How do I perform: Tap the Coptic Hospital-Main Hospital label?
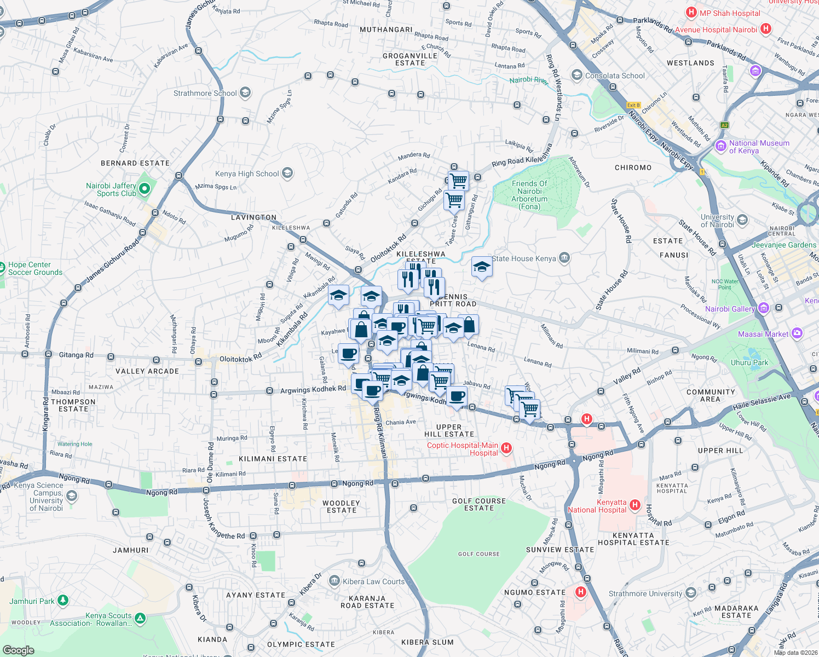(x=462, y=449)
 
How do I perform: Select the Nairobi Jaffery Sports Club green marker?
(x=145, y=189)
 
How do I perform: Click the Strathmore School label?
(x=205, y=93)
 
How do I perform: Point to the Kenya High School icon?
(x=287, y=174)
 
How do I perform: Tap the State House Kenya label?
(x=523, y=258)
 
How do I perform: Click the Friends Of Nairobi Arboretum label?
(x=529, y=195)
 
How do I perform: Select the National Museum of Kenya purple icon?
(x=720, y=146)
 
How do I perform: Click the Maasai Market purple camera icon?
(x=797, y=333)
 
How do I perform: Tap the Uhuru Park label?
(x=749, y=362)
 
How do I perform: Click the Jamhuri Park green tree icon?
(x=63, y=601)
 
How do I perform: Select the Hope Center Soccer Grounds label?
(x=35, y=268)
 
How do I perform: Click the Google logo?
(x=18, y=650)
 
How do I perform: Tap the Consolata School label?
(x=615, y=76)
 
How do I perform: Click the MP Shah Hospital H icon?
(x=691, y=13)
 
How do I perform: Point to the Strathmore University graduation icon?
(x=691, y=593)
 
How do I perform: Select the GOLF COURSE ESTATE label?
(x=479, y=504)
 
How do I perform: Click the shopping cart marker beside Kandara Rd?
(x=458, y=180)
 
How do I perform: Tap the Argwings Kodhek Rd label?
(x=313, y=389)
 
